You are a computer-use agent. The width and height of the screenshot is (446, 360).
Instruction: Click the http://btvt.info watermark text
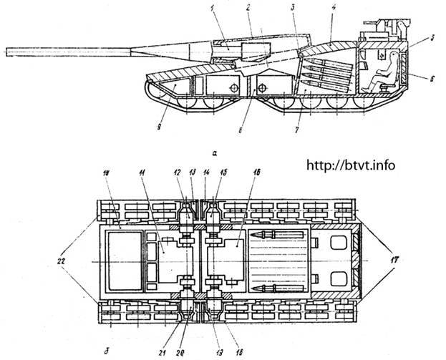click(x=350, y=165)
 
